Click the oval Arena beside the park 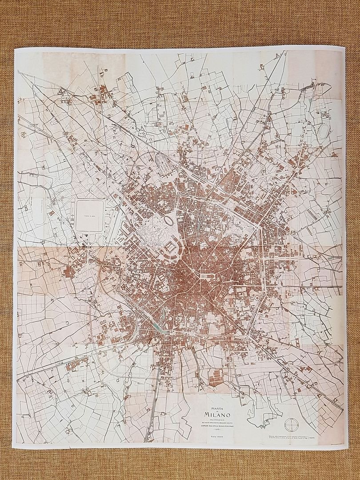[x=170, y=220]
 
